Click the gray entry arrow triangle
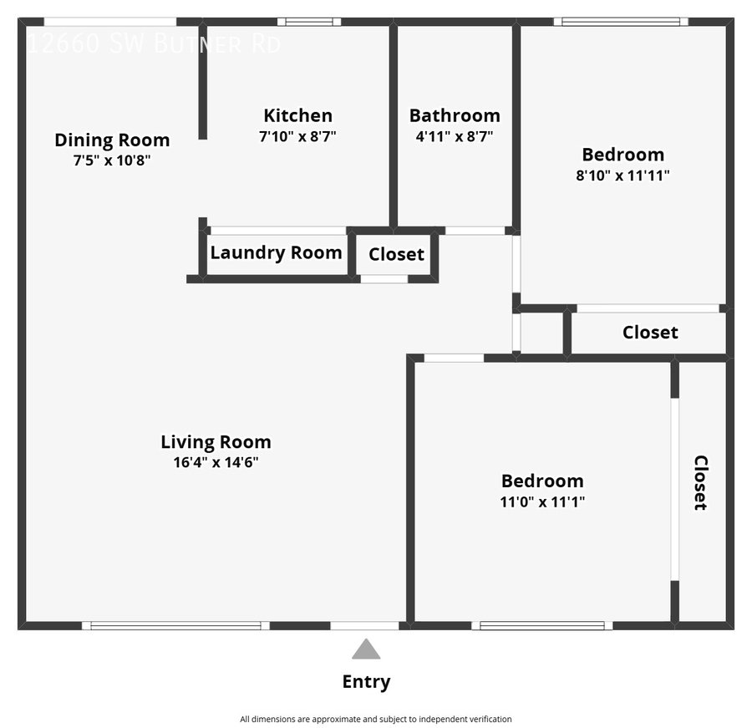point(366,649)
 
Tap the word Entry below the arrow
point(366,682)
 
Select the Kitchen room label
point(297,115)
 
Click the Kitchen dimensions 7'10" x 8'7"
point(297,135)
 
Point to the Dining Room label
point(112,140)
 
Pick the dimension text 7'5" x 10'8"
point(112,160)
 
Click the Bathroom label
point(455,115)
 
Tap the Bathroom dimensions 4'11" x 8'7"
point(455,135)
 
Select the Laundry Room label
point(276,252)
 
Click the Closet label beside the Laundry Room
point(396,254)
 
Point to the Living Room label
point(216,442)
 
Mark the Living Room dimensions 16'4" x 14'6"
point(216,462)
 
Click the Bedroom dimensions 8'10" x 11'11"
point(623,175)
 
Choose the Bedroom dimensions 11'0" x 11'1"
point(542,501)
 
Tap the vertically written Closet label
point(700,482)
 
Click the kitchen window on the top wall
point(309,22)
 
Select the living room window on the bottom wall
point(175,625)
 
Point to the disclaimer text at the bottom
point(376,719)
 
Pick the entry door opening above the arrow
point(364,625)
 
